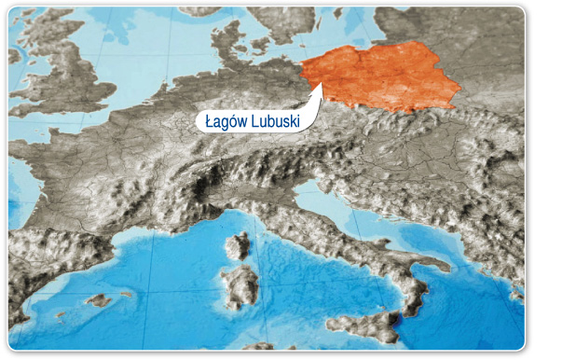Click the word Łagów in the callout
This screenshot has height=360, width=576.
pyautogui.click(x=224, y=120)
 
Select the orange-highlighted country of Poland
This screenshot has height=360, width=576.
pyautogui.click(x=382, y=75)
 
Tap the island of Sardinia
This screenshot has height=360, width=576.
pyautogui.click(x=241, y=284)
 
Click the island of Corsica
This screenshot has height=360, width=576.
pyautogui.click(x=238, y=246)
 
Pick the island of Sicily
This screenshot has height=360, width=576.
pyautogui.click(x=363, y=325)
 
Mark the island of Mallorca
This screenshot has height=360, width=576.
pyautogui.click(x=97, y=300)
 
